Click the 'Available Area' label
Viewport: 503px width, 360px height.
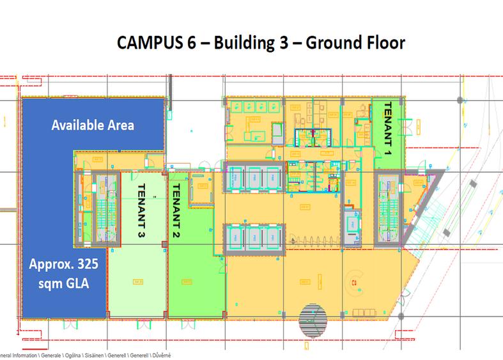click(x=93, y=125)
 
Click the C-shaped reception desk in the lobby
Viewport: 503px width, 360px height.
click(x=352, y=281)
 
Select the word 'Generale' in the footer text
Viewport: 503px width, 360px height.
click(x=55, y=354)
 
